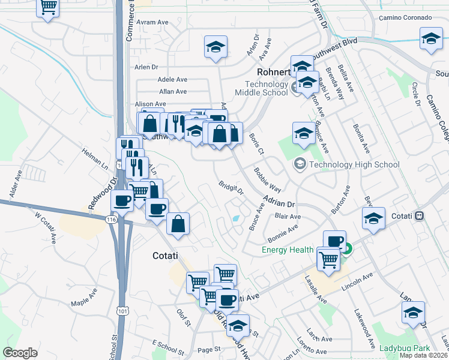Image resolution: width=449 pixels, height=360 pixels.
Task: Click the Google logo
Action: click(x=20, y=353)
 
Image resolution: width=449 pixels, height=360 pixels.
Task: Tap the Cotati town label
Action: click(x=164, y=256)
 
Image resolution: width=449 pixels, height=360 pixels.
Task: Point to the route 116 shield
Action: click(x=111, y=220)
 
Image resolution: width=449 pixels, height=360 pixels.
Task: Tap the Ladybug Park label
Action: click(x=405, y=348)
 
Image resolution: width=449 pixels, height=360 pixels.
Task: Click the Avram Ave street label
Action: click(x=152, y=22)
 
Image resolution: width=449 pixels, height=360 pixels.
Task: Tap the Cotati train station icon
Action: click(x=420, y=215)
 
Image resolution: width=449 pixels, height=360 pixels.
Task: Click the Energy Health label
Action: click(x=287, y=250)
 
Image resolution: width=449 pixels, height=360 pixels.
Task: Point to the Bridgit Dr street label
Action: click(x=231, y=188)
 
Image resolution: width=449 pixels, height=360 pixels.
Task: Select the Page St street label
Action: click(x=209, y=349)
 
